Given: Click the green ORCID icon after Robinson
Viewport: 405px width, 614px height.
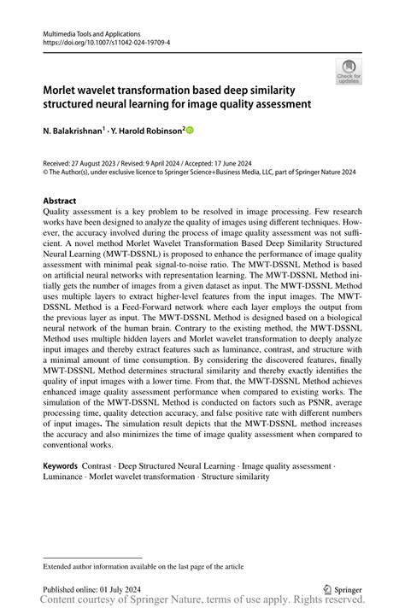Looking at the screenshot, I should (190, 131).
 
